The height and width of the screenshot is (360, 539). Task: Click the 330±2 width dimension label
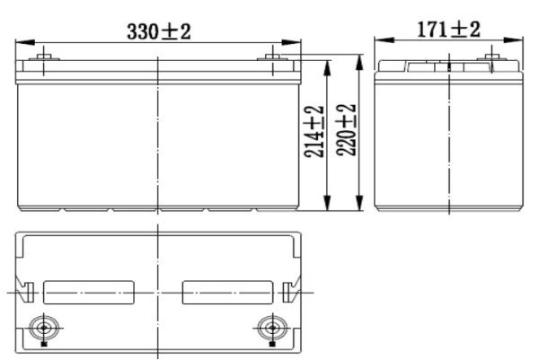click(x=159, y=31)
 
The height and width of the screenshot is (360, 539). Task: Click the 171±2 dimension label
click(x=448, y=30)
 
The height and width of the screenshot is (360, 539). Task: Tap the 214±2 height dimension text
click(x=314, y=132)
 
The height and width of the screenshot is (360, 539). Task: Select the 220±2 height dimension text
click(x=346, y=130)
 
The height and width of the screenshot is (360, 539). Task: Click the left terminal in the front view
click(x=44, y=57)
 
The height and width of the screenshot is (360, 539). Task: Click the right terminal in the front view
click(x=272, y=57)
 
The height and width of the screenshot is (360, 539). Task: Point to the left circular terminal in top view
click(x=44, y=328)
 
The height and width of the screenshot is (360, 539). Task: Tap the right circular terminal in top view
click(x=272, y=328)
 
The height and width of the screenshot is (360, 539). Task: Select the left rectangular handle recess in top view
click(x=89, y=293)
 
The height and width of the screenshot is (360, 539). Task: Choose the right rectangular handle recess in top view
click(x=227, y=293)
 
